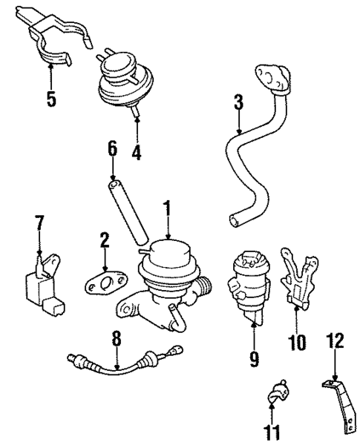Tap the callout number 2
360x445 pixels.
[105, 240]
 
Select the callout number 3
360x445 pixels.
[238, 102]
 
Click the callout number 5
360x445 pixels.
[50, 99]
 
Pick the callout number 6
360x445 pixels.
[113, 149]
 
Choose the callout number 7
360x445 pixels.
[39, 222]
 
